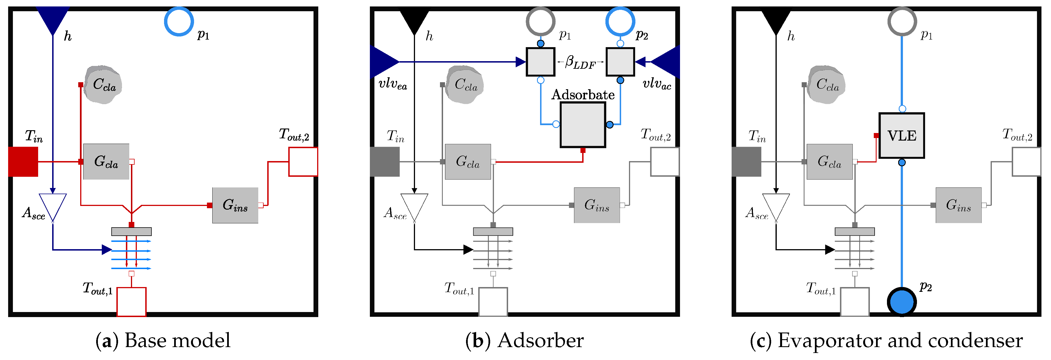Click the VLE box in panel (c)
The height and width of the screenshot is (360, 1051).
point(901,136)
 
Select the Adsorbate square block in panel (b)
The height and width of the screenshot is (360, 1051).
point(583,125)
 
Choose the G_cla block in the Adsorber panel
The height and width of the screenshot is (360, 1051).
point(467,162)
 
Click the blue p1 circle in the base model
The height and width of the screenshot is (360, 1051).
point(179,21)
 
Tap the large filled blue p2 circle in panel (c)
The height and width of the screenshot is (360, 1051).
point(902,302)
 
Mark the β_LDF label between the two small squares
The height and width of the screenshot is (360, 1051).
point(580,63)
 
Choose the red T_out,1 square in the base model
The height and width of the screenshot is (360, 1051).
point(131,302)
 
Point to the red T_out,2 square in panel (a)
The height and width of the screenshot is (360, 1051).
point(303,162)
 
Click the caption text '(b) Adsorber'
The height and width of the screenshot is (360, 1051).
point(524,340)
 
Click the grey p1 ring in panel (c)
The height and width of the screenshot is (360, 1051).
point(902,21)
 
